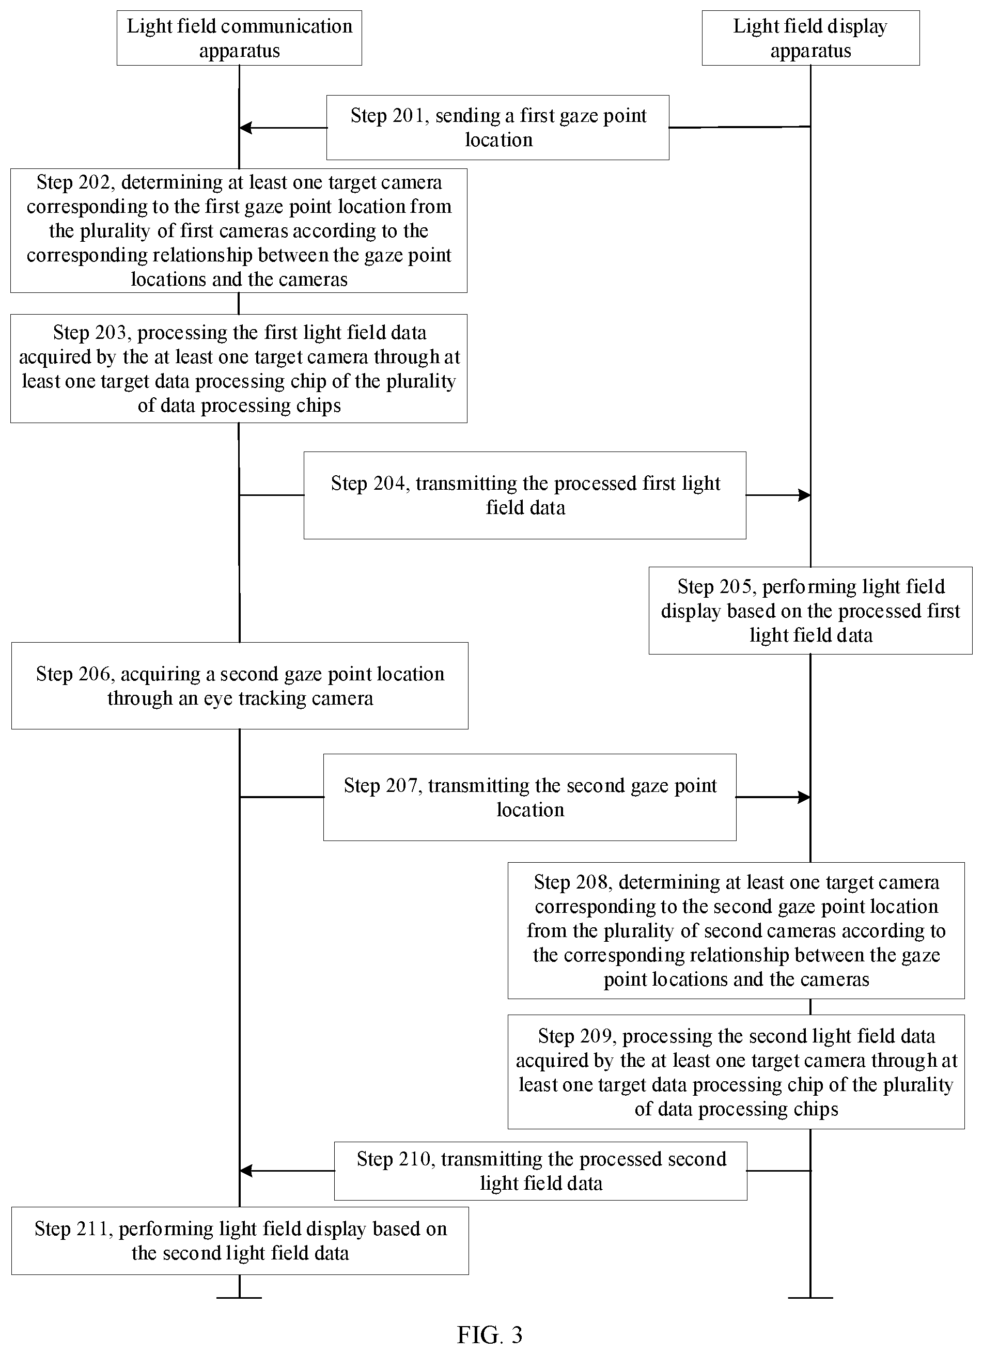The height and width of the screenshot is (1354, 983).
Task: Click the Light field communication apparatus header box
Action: point(239,38)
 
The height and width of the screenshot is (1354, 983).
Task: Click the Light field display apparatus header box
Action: point(810,38)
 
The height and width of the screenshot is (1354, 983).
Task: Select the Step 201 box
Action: point(498,127)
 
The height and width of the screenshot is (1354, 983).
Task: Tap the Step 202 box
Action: point(239,230)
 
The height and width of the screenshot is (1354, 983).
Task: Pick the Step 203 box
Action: point(239,368)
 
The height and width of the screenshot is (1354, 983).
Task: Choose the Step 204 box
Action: point(525,495)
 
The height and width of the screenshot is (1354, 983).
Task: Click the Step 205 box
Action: point(810,610)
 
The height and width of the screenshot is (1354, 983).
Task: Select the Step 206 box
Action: point(239,686)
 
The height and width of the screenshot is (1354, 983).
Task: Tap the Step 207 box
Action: point(529,797)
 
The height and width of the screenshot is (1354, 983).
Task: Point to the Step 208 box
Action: point(736,930)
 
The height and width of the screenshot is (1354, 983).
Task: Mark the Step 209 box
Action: point(736,1071)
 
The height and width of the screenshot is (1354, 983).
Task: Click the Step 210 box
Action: point(540,1171)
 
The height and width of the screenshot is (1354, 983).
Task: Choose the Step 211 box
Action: point(240,1240)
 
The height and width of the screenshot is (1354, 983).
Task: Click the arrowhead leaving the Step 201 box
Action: point(245,127)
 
